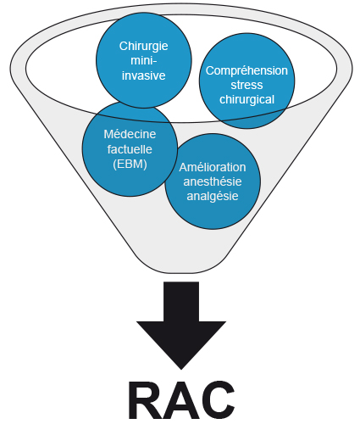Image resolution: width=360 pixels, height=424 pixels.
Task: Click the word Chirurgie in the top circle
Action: [142, 45]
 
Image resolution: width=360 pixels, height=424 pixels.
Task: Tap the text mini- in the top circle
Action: [142, 59]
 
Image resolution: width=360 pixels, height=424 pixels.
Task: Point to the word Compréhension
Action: [247, 70]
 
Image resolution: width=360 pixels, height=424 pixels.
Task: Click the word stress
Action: [247, 85]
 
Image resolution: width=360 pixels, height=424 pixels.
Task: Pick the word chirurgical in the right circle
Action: [247, 99]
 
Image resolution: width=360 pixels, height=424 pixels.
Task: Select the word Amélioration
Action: [213, 167]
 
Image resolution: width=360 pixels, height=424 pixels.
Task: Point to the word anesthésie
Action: [213, 181]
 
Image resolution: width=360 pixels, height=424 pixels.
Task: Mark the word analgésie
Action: [213, 196]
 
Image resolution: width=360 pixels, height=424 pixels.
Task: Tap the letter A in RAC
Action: [191, 399]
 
